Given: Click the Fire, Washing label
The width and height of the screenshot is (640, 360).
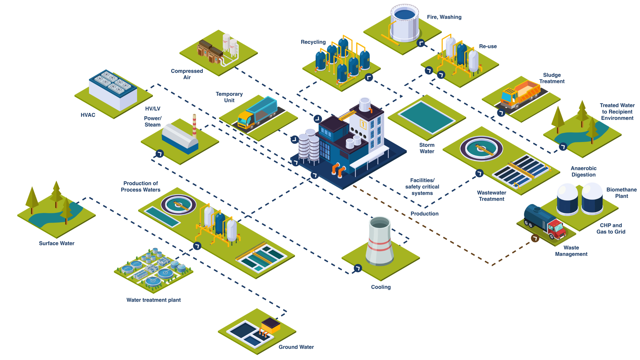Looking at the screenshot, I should coord(444,17).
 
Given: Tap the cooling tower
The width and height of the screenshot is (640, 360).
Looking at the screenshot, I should coord(380,241).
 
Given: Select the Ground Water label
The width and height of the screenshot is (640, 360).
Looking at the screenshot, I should coord(296,347).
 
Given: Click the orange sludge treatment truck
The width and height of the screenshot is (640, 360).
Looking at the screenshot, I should coord(520,95).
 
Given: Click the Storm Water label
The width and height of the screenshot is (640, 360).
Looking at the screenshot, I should coord(427,148).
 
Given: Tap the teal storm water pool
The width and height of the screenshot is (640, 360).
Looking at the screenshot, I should coord(427,117).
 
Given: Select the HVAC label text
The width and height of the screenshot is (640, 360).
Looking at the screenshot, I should coord(88,115).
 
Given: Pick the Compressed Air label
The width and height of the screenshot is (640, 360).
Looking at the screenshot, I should coord(187,74).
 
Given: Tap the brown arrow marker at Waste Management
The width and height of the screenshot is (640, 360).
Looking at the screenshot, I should coord(535,238).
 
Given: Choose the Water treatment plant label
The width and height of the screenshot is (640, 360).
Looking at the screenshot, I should coord(153,300).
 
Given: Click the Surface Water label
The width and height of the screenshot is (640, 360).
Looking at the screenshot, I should coord(57,243).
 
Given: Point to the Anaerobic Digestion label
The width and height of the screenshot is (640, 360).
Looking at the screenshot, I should coord(583,171).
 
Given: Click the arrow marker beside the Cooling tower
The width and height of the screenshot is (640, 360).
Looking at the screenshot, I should coord(358,268).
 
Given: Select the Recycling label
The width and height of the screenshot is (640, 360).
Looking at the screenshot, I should coord(313,42).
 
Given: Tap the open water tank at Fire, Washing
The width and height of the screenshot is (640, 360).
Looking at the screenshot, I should coord(405,23).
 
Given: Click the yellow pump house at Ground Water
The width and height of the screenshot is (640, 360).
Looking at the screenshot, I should coord(271,325).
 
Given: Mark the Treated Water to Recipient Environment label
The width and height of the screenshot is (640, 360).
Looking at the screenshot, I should coord(617,112).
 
